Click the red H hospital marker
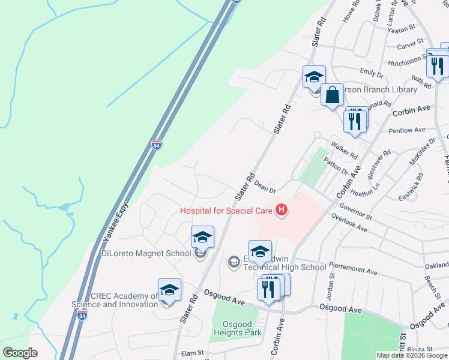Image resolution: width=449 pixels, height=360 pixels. coord(280,209)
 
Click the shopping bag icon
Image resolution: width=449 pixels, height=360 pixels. coord(331,95)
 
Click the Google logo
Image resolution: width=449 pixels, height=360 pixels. coord(20,352)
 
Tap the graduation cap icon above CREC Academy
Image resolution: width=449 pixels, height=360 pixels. coord(169,290)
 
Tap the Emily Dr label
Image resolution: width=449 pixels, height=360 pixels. coord(371,73)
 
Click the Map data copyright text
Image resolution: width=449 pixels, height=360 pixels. coord(412,355)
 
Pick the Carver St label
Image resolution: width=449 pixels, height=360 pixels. coord(411,45)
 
